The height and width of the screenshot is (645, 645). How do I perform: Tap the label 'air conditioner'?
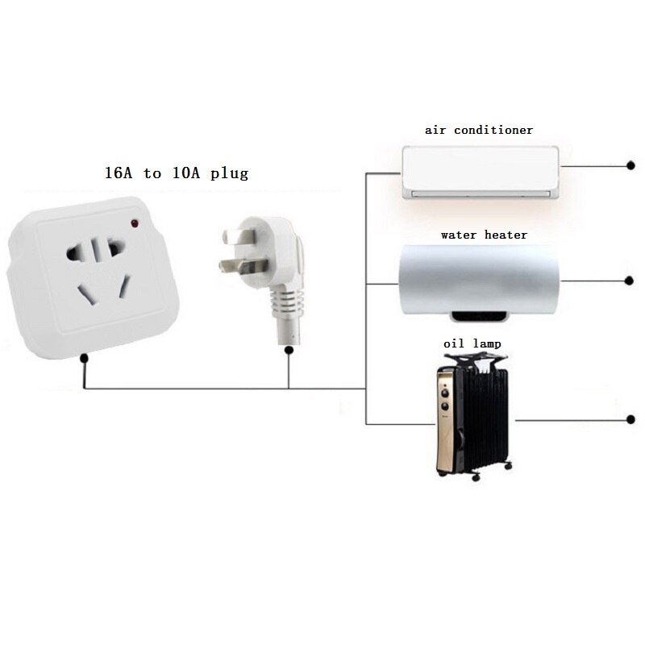click(x=479, y=129)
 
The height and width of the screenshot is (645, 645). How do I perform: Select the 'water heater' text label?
click(x=484, y=235)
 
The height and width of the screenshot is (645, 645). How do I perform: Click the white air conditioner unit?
click(x=481, y=170)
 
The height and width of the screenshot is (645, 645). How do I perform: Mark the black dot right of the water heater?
click(x=630, y=281)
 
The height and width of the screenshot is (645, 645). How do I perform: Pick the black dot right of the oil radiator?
click(x=630, y=419)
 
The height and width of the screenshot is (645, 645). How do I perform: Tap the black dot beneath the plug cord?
click(x=289, y=349)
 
